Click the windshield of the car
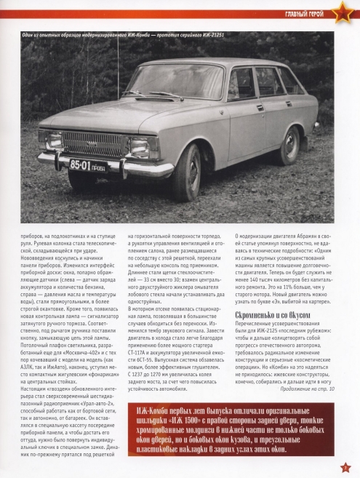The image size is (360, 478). tap(175, 81)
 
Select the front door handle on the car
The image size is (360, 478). tap(260, 108)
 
